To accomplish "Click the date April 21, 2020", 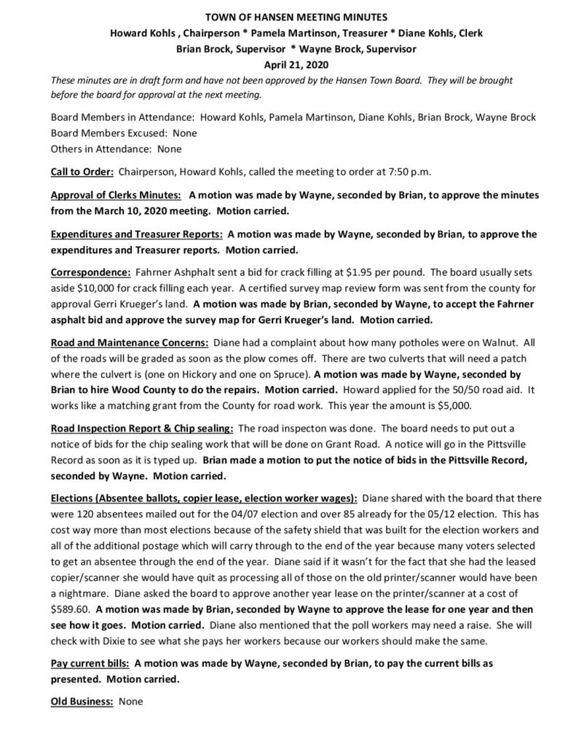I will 288,65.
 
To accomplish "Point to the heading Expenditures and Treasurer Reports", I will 137,234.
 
